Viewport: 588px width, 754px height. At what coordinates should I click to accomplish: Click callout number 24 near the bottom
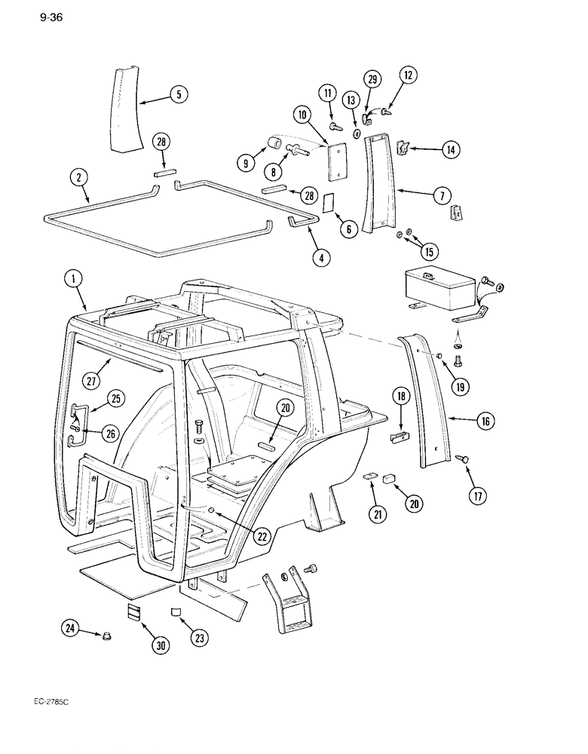[70, 627]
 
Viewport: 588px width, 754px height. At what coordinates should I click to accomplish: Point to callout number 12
[407, 76]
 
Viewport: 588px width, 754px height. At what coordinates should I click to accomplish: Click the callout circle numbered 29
[373, 80]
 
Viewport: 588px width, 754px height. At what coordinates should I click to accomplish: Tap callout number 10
[302, 115]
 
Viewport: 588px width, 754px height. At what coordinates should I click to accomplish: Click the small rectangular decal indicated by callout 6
[329, 204]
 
